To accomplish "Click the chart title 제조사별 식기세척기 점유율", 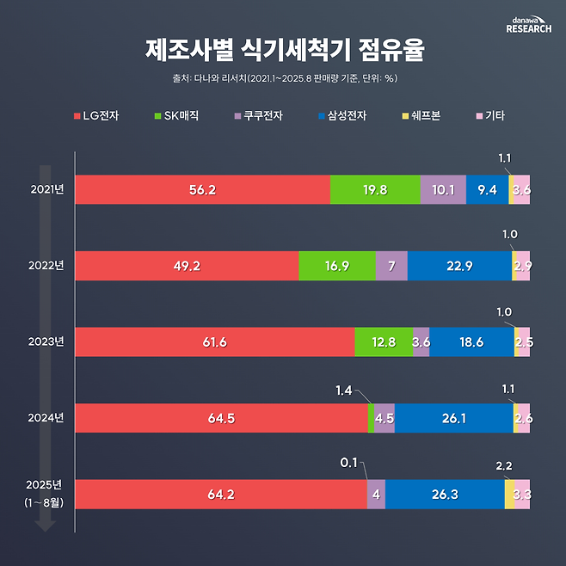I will [283, 50].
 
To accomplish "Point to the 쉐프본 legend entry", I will [420, 114].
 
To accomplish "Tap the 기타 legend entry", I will [489, 114].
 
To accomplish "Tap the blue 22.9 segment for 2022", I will [459, 266].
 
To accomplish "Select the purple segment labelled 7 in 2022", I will [391, 266].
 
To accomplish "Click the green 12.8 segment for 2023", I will [383, 341].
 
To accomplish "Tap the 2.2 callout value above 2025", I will [504, 465].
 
